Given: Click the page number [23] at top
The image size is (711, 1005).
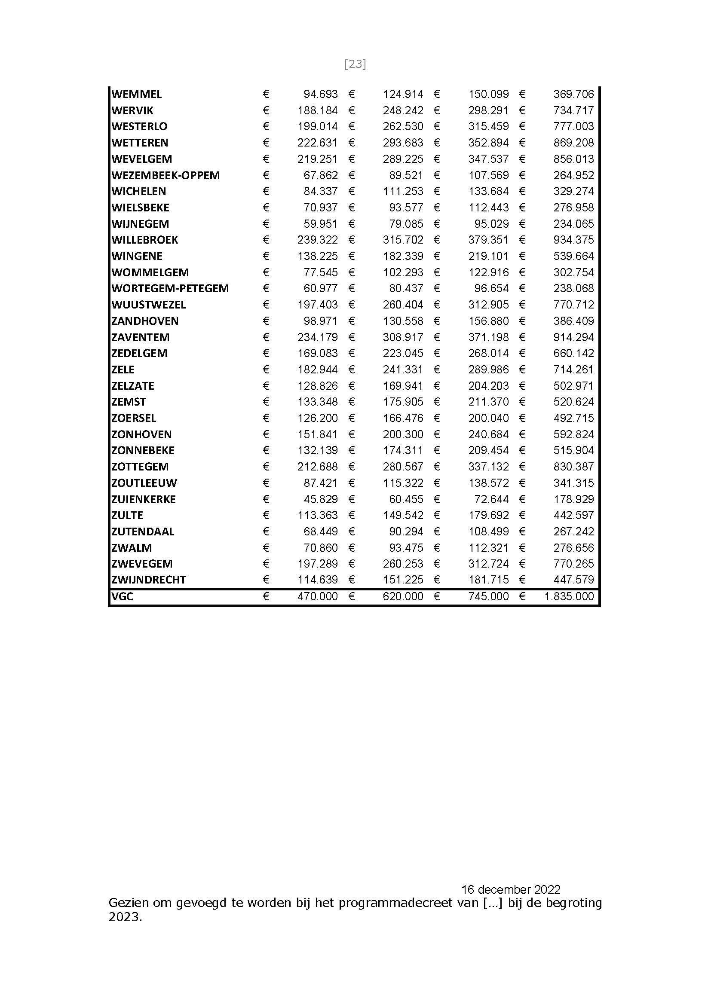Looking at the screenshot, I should coord(355,64).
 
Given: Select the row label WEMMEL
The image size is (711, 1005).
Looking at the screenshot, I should coord(137,94).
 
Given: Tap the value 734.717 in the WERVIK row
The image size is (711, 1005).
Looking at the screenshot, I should coord(573,110).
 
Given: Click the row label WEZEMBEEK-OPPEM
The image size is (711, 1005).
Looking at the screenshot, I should coord(165,175).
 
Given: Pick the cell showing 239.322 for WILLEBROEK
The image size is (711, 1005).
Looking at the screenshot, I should coord(317,240).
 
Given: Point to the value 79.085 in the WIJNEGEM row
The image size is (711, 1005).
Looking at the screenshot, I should coord(406,224).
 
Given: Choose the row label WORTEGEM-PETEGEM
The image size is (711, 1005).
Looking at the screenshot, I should coord(170,288).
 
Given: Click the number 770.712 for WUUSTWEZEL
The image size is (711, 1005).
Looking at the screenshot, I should coord(573,305).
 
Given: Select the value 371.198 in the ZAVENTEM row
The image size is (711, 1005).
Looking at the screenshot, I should coord(488,337).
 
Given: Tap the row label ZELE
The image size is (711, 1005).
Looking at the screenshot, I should coord(123,370).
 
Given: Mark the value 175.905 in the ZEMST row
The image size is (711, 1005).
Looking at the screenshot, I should coord(403,402).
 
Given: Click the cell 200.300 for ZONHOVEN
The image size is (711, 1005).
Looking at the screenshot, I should coord(403,434).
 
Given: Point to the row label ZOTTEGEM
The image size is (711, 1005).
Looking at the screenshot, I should coord(140,467).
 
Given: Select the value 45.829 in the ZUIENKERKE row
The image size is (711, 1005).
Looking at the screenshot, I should coord(321,499).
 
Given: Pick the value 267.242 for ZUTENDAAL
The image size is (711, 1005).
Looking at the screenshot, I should coord(573,532).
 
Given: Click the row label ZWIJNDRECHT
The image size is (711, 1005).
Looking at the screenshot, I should coord(148,580).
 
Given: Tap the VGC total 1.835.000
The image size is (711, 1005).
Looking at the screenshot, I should coord(569,596).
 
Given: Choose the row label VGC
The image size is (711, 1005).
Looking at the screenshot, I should coord(122,596).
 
